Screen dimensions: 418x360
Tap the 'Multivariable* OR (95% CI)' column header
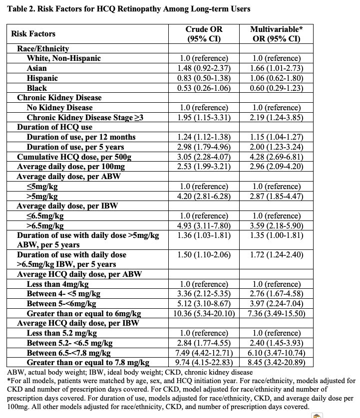tap(276, 34)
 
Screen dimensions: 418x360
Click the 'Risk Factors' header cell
tap(33, 34)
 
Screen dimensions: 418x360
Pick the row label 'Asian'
tap(37, 68)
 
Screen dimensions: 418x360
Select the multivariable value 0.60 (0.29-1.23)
tap(276, 88)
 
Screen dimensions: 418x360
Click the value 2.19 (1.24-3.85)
tap(276, 117)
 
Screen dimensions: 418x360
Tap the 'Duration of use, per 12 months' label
tap(81, 137)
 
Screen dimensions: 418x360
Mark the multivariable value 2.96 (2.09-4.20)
tap(276, 166)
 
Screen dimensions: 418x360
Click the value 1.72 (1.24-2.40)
tap(276, 254)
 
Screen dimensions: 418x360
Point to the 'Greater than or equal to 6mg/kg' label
tap(84, 314)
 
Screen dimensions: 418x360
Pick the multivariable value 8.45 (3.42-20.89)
tap(276, 363)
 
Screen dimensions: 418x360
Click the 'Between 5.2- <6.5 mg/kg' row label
tap(69, 343)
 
